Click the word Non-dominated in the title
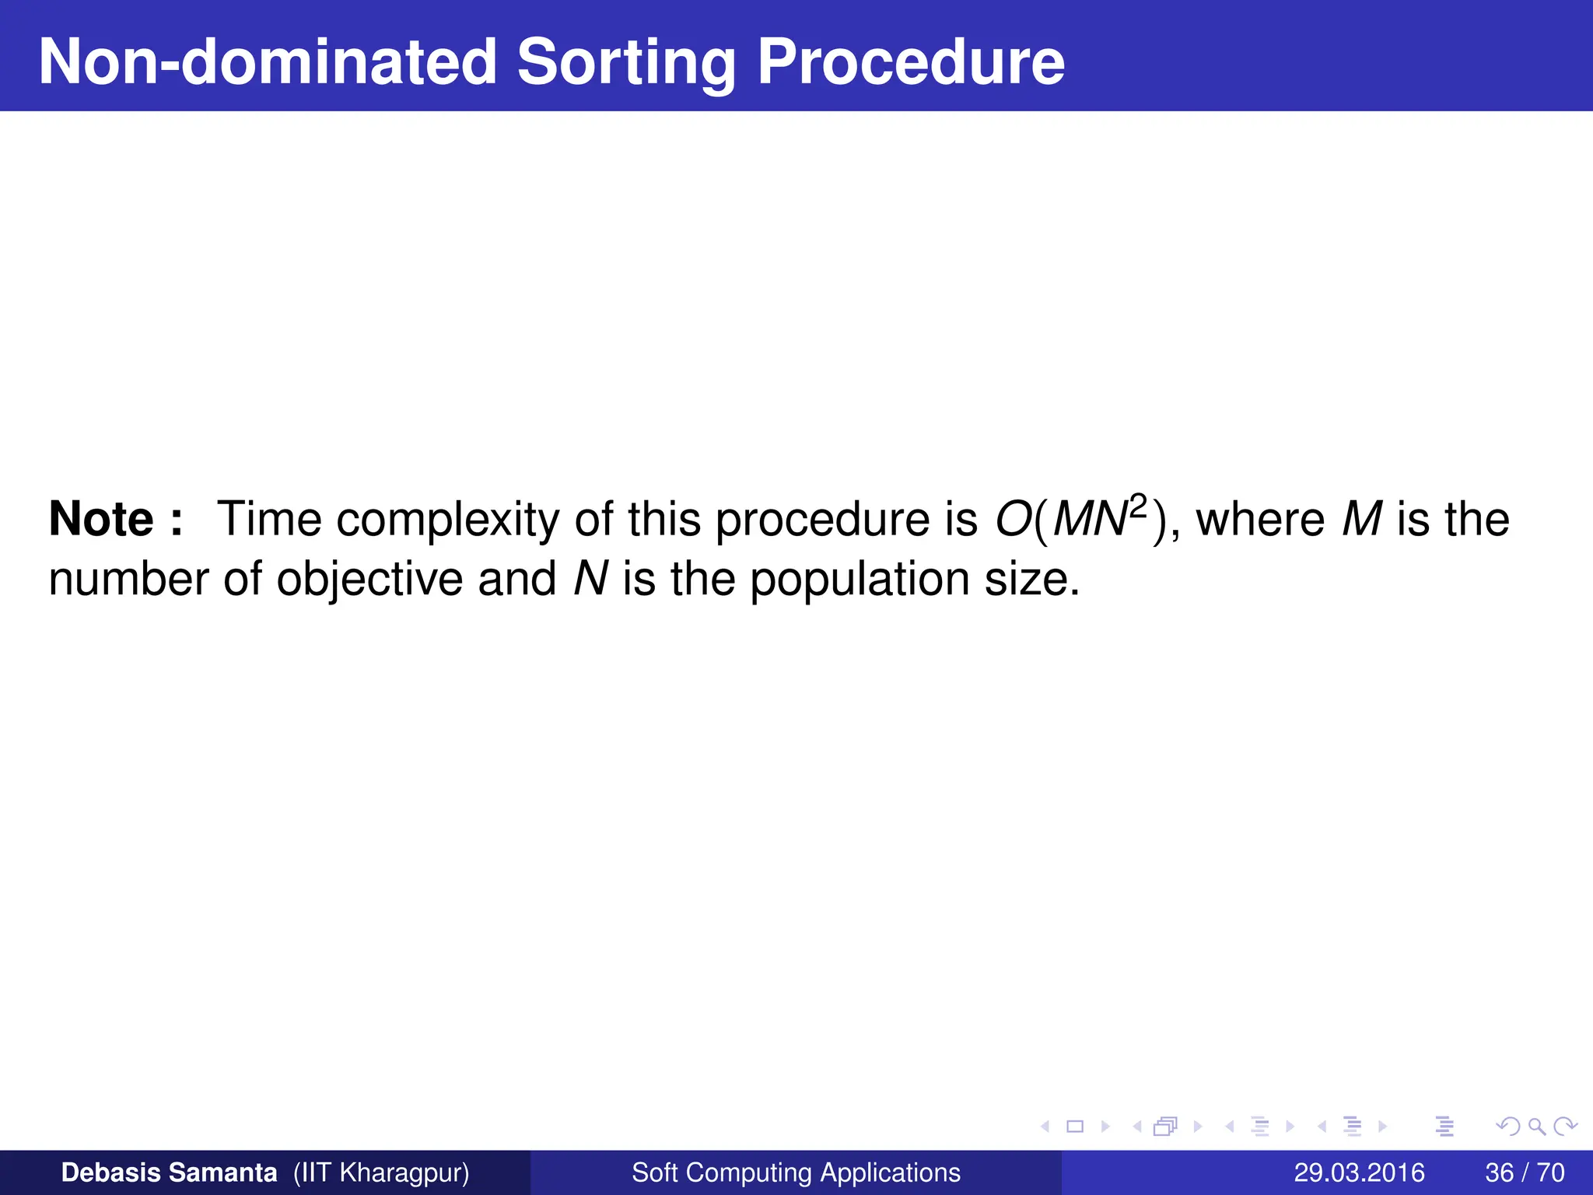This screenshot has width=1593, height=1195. (268, 62)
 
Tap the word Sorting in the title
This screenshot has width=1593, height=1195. (626, 62)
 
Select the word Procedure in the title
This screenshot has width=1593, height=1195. (911, 62)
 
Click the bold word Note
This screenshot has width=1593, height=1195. (101, 519)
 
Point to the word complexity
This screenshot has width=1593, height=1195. (447, 520)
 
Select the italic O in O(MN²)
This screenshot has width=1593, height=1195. (1014, 519)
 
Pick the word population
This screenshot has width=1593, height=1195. (860, 580)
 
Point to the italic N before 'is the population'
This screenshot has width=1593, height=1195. (590, 580)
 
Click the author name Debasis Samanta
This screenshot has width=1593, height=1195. (169, 1172)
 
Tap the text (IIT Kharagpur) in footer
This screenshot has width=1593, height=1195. (381, 1172)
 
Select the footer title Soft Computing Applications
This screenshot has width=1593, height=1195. (796, 1172)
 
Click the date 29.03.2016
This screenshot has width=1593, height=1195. (1359, 1172)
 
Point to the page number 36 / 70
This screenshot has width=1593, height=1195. (1525, 1172)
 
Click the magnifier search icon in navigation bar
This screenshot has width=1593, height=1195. (1536, 1127)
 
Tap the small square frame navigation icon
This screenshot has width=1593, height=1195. (1075, 1127)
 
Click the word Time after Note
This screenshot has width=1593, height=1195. (268, 519)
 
